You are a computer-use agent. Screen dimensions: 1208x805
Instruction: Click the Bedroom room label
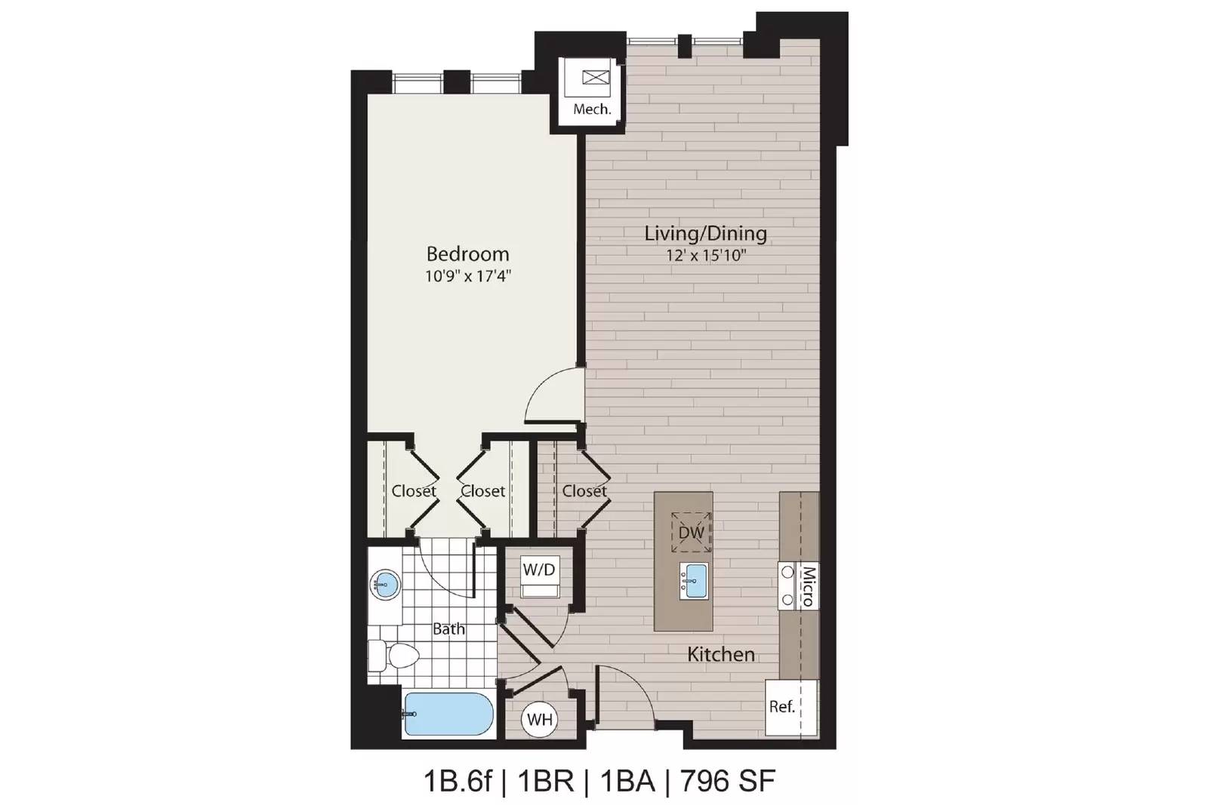467,253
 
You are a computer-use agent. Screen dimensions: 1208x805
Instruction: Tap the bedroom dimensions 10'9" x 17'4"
467,276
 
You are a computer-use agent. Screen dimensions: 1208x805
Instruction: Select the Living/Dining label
705,234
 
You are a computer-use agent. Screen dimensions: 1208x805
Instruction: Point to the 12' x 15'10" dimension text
705,255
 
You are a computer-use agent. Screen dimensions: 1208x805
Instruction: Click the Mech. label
592,109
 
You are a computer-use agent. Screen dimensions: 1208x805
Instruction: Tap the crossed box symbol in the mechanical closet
596,78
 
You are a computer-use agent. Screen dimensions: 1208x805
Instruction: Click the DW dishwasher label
692,533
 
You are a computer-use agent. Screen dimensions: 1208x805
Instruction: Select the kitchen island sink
694,581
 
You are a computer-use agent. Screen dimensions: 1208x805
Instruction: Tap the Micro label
808,586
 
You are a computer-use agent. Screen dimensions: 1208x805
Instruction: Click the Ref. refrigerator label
782,706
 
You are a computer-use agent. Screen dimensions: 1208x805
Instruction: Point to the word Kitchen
721,655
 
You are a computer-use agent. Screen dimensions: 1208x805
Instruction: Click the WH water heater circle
540,719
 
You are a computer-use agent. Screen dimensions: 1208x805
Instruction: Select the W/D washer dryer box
540,577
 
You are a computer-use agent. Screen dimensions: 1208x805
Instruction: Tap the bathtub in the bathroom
448,714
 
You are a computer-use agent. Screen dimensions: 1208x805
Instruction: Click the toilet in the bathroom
394,656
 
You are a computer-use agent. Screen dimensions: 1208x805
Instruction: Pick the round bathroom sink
385,582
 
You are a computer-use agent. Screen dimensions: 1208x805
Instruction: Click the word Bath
448,628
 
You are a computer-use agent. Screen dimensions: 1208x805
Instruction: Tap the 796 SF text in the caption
728,781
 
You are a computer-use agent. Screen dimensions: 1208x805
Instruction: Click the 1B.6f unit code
458,781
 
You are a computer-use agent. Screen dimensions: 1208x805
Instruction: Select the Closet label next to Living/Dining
584,491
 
